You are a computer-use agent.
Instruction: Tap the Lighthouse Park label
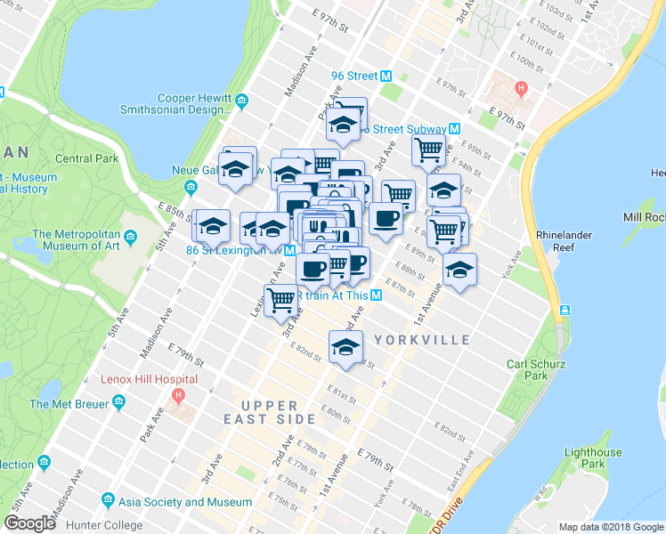596,457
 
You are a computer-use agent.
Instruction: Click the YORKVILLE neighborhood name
422,340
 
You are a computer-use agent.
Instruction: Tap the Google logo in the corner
30,523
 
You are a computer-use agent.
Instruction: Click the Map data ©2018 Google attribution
611,527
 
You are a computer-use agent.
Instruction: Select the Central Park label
86,158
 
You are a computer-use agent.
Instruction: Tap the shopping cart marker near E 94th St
429,153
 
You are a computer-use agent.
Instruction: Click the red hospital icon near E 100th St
521,88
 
